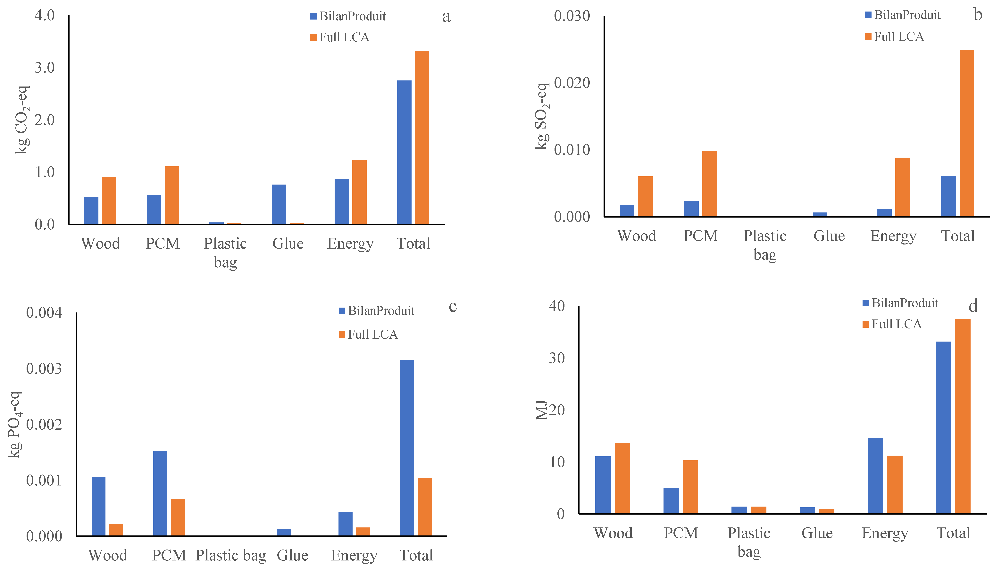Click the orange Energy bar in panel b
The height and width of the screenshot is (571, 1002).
point(902,187)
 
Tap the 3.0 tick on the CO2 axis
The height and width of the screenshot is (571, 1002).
point(45,67)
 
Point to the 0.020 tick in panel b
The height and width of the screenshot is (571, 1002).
point(572,83)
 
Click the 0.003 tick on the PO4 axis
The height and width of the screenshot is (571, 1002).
point(44,369)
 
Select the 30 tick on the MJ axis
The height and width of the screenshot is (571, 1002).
point(557,358)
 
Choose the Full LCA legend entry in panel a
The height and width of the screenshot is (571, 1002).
point(344,37)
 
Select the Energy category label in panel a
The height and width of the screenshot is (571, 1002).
point(350,244)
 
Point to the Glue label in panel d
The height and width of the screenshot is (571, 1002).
point(817,533)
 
